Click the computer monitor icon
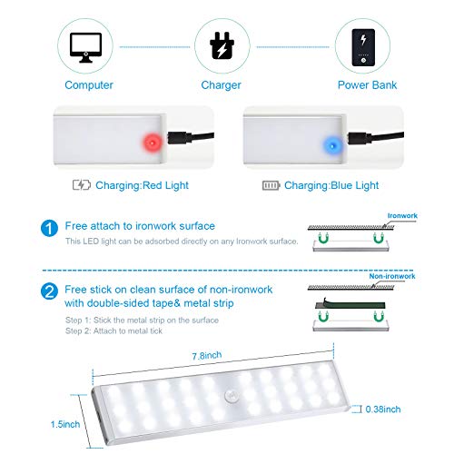[85, 47]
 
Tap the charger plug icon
[222, 45]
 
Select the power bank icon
[363, 47]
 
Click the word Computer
[89, 85]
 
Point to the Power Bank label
[367, 85]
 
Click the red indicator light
[153, 142]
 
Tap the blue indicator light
[332, 146]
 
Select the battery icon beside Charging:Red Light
[82, 185]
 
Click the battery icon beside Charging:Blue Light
[271, 185]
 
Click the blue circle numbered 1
[49, 228]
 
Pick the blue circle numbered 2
[49, 291]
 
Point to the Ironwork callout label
[402, 215]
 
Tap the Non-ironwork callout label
[392, 276]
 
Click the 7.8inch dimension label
[207, 356]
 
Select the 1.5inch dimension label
[65, 424]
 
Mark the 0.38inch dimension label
[383, 410]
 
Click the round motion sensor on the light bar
[232, 396]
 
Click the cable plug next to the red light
[180, 138]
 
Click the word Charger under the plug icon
[221, 85]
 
